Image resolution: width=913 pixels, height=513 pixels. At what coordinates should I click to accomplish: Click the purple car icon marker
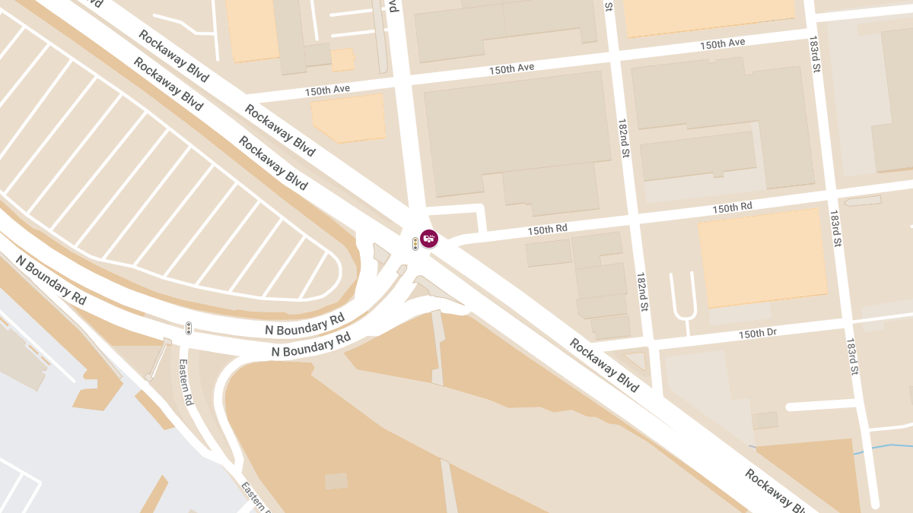tap(429, 239)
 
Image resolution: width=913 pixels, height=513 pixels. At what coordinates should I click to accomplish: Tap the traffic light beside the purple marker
tap(415, 244)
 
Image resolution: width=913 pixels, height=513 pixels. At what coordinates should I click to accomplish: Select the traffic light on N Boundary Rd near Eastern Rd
tap(189, 328)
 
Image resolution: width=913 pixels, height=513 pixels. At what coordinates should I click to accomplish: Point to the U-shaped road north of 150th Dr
tap(682, 297)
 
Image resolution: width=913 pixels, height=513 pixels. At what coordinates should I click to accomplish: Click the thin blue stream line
tap(883, 448)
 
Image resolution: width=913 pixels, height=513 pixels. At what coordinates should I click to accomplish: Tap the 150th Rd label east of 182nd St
tap(732, 207)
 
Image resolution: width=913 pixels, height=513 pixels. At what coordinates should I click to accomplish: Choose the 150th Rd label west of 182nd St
tap(547, 229)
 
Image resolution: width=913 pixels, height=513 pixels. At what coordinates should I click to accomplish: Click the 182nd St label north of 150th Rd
tap(624, 138)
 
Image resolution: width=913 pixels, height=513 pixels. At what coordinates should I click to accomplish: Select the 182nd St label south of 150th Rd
tap(643, 292)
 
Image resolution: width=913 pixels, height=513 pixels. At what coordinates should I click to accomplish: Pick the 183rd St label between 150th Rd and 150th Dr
tap(835, 229)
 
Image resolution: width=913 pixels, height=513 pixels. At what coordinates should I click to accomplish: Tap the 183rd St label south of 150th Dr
tap(852, 356)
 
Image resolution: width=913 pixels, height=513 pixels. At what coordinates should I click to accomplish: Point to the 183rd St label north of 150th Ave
tap(815, 53)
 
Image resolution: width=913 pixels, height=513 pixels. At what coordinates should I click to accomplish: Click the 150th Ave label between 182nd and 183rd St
tap(722, 44)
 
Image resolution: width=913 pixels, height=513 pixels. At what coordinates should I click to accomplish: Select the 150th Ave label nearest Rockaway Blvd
tap(327, 90)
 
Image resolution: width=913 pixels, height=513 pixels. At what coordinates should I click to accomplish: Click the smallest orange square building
tap(343, 59)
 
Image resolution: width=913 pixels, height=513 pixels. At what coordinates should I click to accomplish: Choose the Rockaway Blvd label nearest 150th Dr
tap(604, 366)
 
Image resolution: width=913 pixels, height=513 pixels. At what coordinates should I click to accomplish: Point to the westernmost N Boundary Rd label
tap(51, 280)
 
